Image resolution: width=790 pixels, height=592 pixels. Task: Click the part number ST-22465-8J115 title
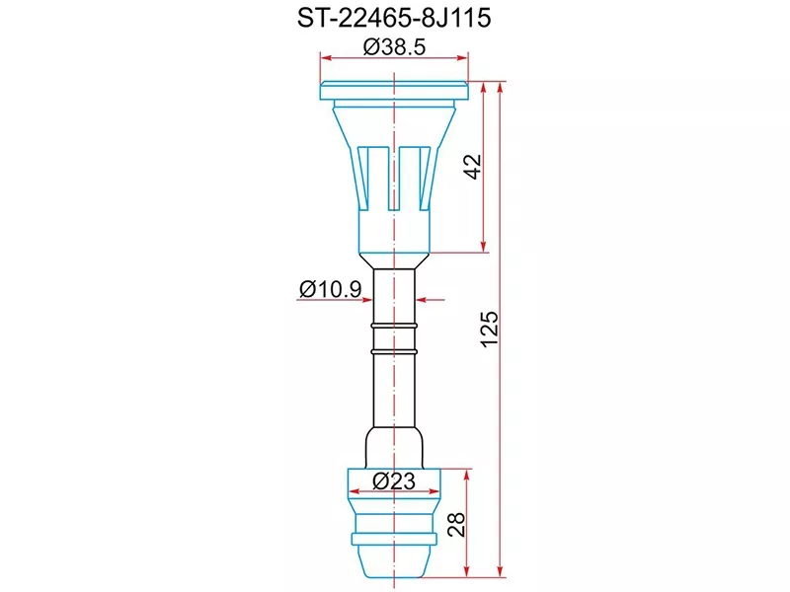(394, 19)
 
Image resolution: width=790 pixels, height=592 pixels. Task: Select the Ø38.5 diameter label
(394, 47)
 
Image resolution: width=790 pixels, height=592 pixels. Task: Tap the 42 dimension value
(473, 167)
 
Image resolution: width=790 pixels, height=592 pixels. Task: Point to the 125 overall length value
(491, 330)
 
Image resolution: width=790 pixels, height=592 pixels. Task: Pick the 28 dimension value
(455, 524)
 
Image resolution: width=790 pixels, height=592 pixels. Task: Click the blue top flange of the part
(394, 92)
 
